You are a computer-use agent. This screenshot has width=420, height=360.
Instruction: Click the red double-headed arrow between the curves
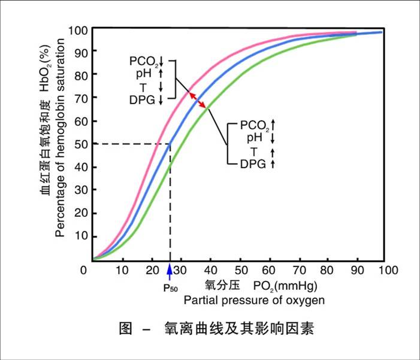click(198, 99)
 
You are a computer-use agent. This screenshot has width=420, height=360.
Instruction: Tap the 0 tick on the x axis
click(84, 271)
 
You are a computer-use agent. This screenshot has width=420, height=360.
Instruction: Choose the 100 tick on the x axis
click(388, 271)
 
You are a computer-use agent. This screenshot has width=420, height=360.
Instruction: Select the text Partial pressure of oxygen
click(255, 299)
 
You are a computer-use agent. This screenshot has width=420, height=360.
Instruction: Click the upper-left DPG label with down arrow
click(143, 100)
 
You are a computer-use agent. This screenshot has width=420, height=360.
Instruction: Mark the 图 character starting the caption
click(125, 328)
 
